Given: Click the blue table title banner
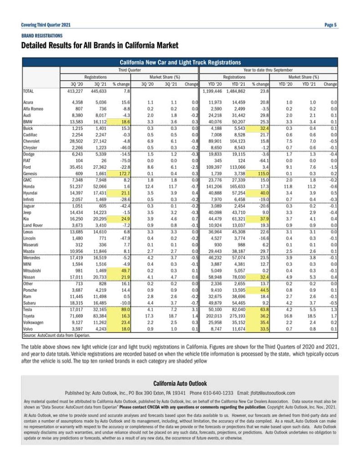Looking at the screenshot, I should tap(180, 62).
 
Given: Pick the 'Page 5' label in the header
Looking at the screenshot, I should tap(330, 25).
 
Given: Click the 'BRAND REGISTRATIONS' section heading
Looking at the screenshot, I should tap(42, 35).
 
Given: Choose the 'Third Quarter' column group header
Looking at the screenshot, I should tap(130, 70).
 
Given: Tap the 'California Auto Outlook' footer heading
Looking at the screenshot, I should tap(180, 383).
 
